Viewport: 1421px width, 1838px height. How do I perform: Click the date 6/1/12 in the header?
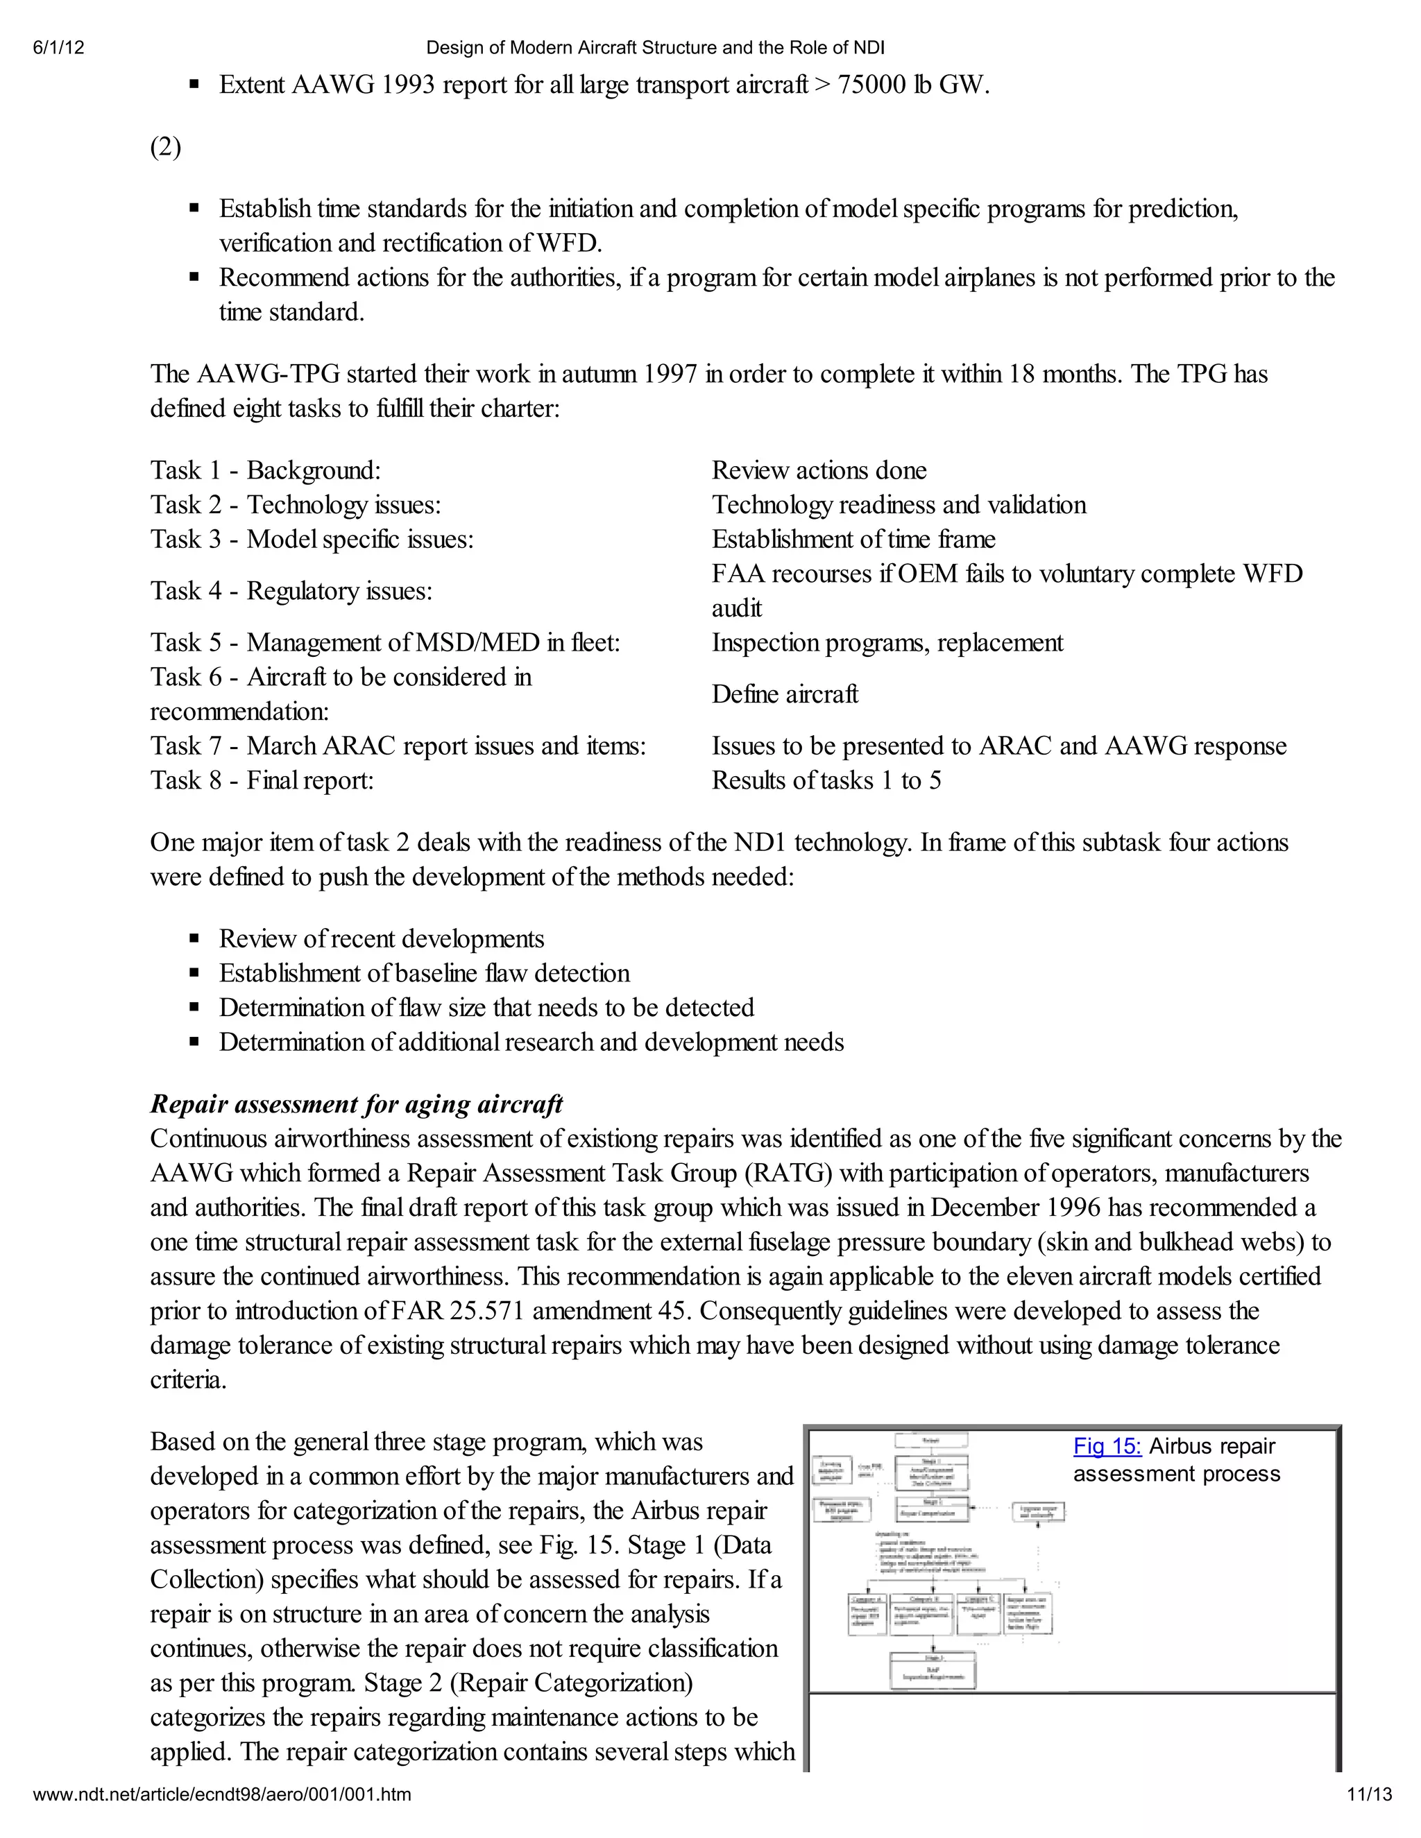(x=59, y=48)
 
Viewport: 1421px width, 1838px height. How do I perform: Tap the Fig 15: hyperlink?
(x=1107, y=1447)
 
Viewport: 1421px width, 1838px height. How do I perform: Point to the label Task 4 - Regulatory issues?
(x=291, y=591)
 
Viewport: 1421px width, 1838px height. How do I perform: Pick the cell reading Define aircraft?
(x=785, y=694)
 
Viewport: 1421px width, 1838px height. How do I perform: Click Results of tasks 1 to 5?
(x=826, y=781)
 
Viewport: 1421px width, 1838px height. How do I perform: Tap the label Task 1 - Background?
(x=265, y=470)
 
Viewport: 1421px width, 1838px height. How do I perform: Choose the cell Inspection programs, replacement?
(x=887, y=643)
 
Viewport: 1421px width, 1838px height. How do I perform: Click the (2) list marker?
(x=166, y=147)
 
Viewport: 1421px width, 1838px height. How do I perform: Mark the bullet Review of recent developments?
(x=382, y=939)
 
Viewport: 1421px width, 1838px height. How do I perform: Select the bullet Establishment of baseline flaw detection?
(x=424, y=974)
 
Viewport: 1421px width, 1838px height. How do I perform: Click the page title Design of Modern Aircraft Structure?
(x=655, y=48)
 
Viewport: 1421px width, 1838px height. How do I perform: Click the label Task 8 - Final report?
(x=262, y=781)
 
